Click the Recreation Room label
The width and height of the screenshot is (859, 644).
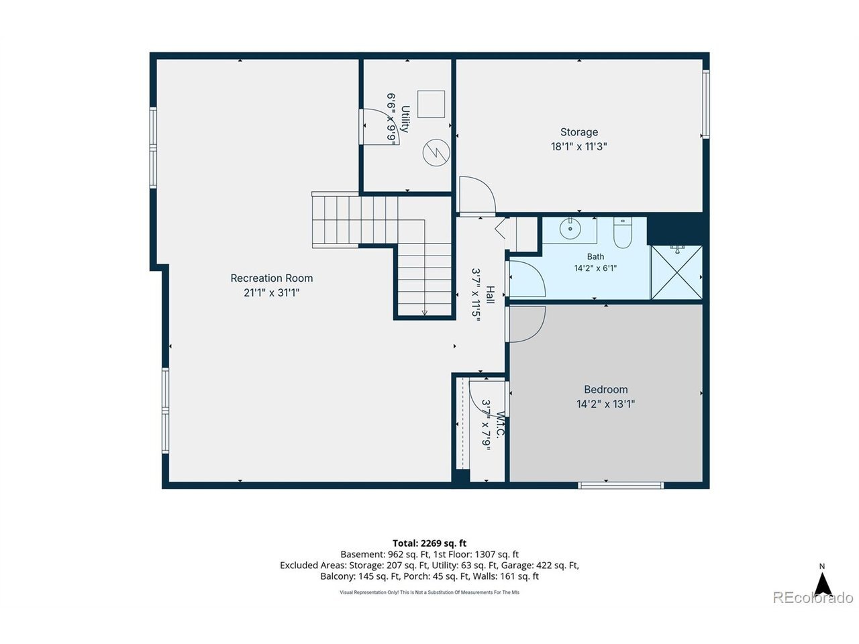point(271,278)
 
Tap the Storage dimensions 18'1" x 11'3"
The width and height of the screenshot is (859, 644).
point(578,147)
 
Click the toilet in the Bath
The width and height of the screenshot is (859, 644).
point(622,233)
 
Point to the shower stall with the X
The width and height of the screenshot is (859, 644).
point(676,272)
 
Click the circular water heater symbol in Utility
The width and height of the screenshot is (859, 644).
point(436,152)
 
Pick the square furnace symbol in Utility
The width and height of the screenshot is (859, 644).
point(431,104)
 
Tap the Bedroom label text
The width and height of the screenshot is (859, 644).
point(605,390)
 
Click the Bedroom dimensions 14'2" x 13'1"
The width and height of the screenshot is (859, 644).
point(605,404)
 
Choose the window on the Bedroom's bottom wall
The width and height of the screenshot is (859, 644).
point(621,485)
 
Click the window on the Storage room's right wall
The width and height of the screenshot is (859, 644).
point(705,104)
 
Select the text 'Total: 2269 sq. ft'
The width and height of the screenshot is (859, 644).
point(429,543)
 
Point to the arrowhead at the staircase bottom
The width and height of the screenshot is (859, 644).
point(424,313)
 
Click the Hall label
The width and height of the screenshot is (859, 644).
point(490,294)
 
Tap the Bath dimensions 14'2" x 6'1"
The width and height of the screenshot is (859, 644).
point(595,268)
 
